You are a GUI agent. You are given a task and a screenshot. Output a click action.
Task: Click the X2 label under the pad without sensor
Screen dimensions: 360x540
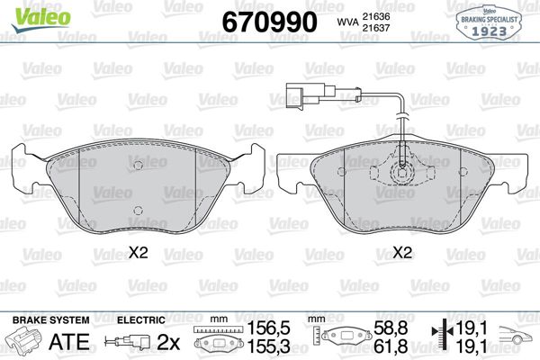(138, 255)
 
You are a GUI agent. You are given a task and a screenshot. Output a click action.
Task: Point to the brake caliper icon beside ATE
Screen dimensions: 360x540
(26, 342)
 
